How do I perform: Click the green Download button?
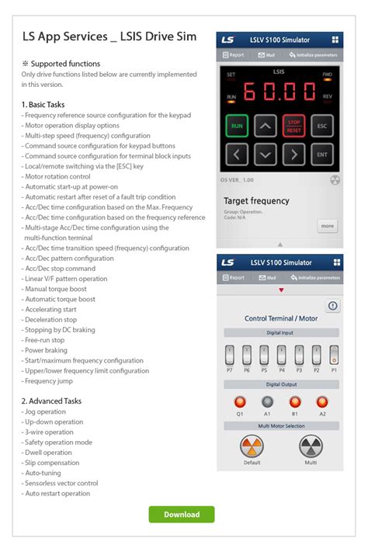(182, 514)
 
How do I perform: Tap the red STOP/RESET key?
(293, 125)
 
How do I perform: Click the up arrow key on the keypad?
(266, 125)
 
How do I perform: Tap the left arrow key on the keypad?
(237, 154)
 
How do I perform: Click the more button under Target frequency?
(327, 226)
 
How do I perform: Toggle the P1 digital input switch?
(333, 356)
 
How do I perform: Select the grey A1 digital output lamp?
(268, 401)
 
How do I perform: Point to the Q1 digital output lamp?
(240, 401)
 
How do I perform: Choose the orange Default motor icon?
(252, 446)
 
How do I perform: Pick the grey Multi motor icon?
(310, 446)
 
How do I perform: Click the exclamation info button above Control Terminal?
(332, 306)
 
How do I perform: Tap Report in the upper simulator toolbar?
(234, 55)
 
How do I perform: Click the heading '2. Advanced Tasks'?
(51, 401)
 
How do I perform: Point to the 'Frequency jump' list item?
(49, 381)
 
